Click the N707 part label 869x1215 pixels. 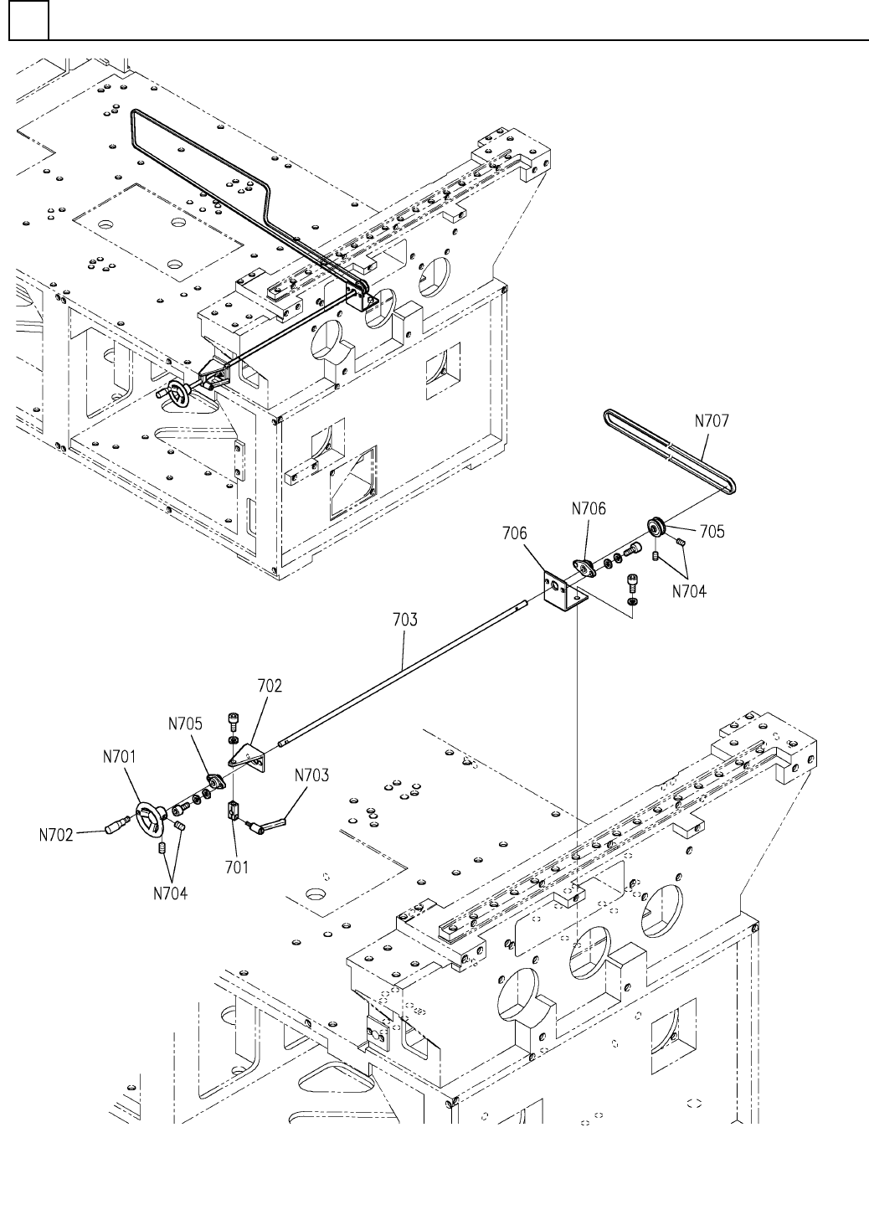712,421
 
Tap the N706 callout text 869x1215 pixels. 589,508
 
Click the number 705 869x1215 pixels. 712,531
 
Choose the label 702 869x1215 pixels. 270,686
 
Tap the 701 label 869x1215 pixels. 237,867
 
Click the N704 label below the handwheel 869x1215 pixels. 171,893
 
